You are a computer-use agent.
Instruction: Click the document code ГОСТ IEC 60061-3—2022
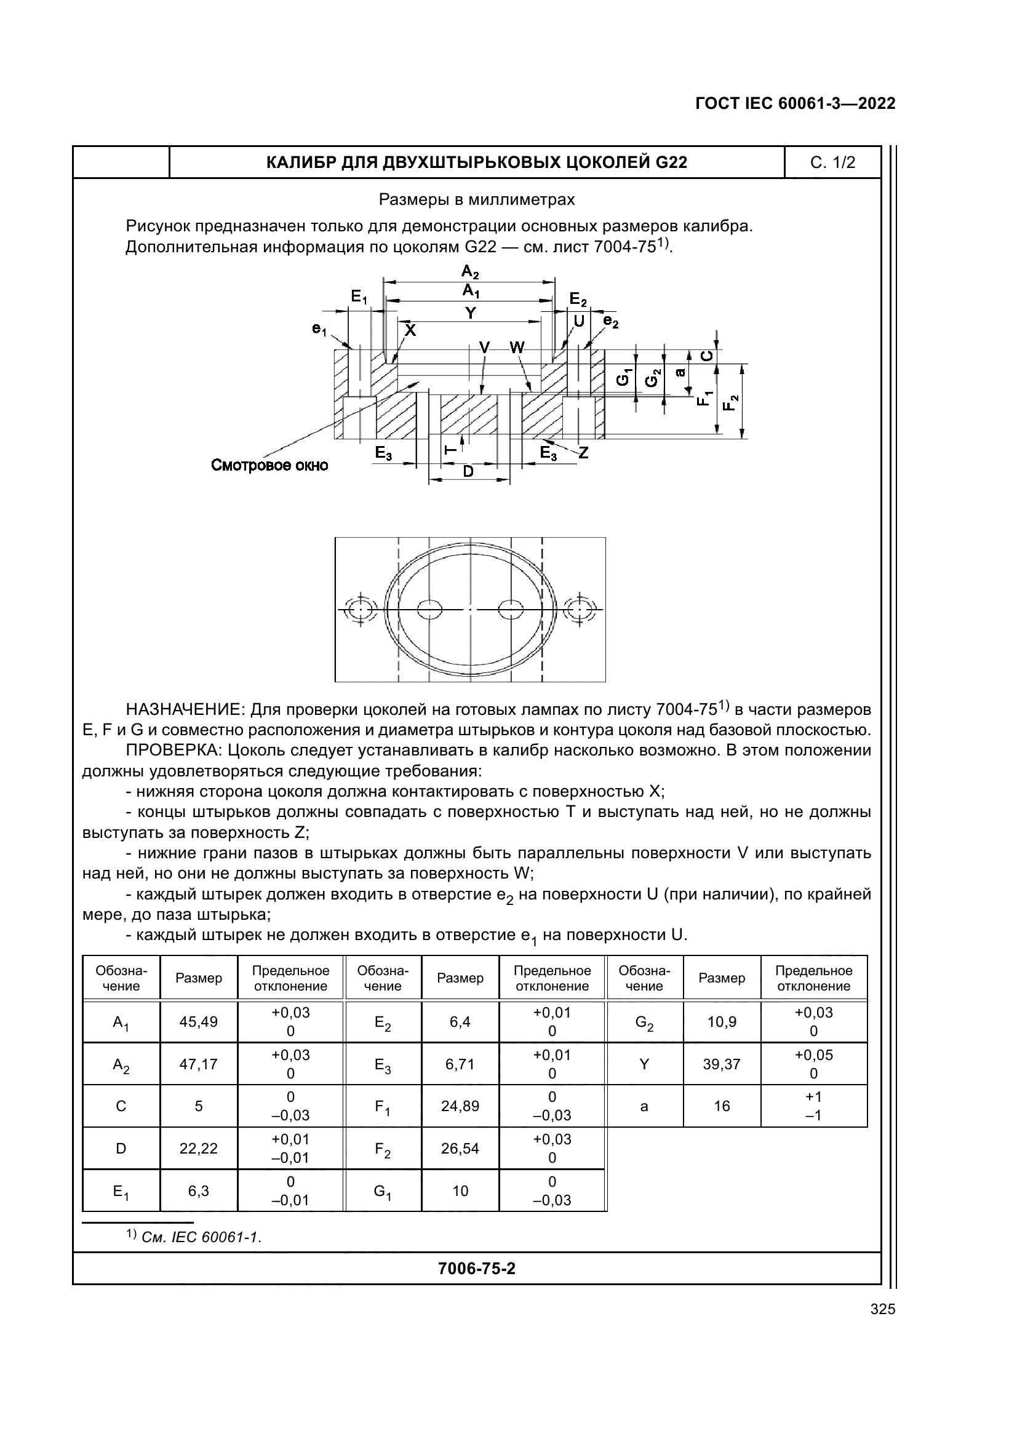[x=794, y=103]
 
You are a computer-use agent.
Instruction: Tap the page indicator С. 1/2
[x=832, y=163]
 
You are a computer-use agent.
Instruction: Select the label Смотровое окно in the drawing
[x=269, y=466]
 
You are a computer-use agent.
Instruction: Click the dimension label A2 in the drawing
[x=470, y=271]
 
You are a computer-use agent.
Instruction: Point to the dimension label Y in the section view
[x=470, y=313]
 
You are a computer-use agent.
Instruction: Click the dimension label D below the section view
[x=468, y=471]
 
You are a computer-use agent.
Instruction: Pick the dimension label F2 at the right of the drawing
[x=730, y=402]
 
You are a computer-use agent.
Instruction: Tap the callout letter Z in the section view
[x=583, y=452]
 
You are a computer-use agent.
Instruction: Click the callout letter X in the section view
[x=409, y=330]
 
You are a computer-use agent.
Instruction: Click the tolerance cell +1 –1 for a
[x=813, y=1106]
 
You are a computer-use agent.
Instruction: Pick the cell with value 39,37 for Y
[x=722, y=1064]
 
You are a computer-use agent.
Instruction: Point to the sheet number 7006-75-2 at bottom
[x=476, y=1269]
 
